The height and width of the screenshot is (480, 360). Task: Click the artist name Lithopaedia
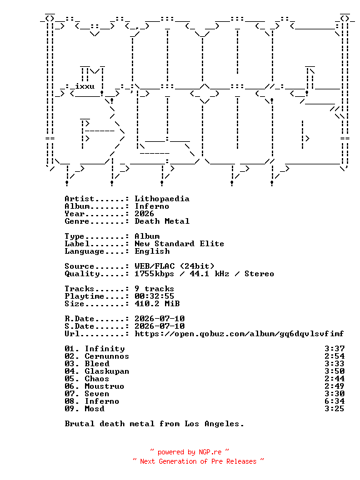pos(162,199)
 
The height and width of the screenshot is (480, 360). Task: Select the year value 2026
pos(144,214)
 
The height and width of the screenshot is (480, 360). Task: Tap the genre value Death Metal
pos(162,221)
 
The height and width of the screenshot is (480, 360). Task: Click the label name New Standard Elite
pos(179,244)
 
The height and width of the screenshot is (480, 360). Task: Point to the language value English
pos(152,251)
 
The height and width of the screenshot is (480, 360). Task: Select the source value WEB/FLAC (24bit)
pos(174,266)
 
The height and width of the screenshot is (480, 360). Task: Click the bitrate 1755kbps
pos(154,274)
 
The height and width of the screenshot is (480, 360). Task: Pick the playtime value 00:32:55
pos(154,296)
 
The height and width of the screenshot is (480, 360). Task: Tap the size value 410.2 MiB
pos(157,304)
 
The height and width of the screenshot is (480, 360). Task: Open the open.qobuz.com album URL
pos(239,334)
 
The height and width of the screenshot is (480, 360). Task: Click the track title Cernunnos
pos(107,356)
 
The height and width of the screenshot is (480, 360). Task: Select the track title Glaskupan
pos(107,371)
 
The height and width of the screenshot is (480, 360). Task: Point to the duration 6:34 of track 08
pos(334,401)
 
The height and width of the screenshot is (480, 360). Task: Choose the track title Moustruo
pos(104,386)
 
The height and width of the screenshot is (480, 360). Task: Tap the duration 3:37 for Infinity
pos(334,349)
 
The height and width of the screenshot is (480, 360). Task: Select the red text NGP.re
pos(210,452)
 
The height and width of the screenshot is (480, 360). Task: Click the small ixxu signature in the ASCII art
pos(85,86)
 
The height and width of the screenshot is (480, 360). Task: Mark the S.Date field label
pos(79,326)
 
